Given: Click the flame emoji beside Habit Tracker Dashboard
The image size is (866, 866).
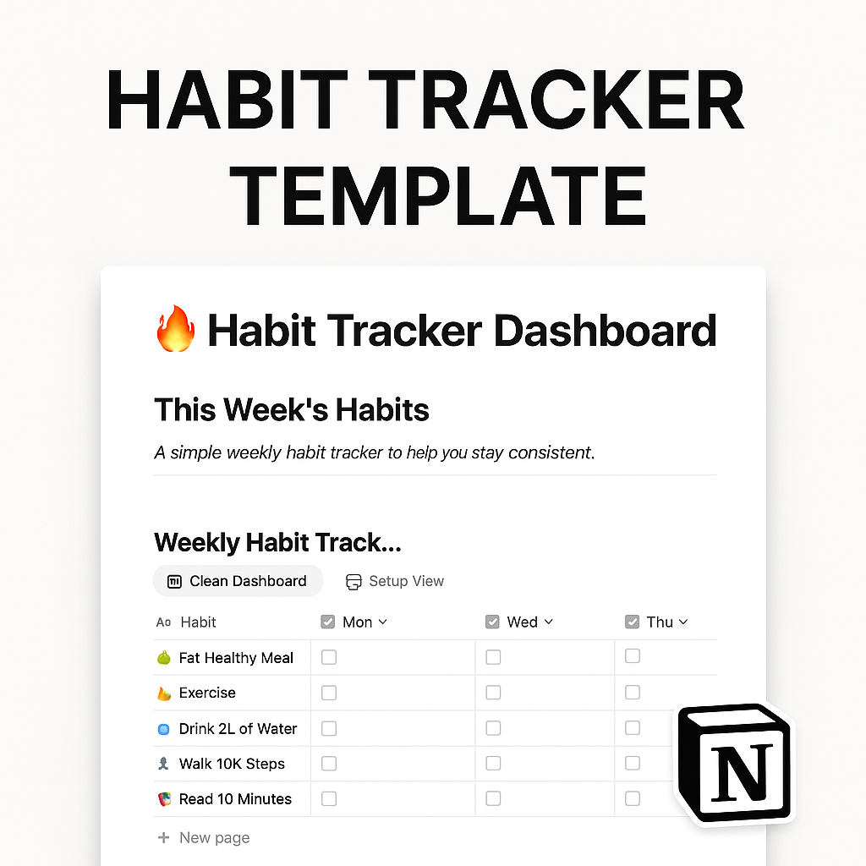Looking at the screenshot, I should pyautogui.click(x=175, y=329).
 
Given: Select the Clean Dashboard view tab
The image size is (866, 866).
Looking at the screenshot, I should pyautogui.click(x=238, y=581).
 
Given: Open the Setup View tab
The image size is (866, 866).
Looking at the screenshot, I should pyautogui.click(x=395, y=581).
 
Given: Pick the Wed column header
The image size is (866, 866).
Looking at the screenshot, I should pyautogui.click(x=520, y=622).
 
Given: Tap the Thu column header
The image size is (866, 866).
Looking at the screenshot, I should pyautogui.click(x=658, y=622).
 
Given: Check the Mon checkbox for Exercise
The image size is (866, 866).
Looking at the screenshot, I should pyautogui.click(x=329, y=693).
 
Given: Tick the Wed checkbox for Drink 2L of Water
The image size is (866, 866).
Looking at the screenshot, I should pyautogui.click(x=493, y=728).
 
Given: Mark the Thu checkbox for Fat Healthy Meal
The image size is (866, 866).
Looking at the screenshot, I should pyautogui.click(x=633, y=656).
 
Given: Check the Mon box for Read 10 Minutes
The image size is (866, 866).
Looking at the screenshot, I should pyautogui.click(x=329, y=798).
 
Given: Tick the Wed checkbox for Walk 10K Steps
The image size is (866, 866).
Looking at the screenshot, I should pyautogui.click(x=493, y=764).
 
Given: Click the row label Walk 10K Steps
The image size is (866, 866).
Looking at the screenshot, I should pyautogui.click(x=232, y=764).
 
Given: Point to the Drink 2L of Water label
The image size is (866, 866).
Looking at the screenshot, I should pyautogui.click(x=238, y=728).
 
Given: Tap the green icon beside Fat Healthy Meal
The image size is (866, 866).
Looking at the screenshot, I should pyautogui.click(x=164, y=658).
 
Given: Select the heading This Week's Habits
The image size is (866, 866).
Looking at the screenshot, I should pyautogui.click(x=292, y=410).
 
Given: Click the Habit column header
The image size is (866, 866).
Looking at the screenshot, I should pyautogui.click(x=198, y=622).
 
